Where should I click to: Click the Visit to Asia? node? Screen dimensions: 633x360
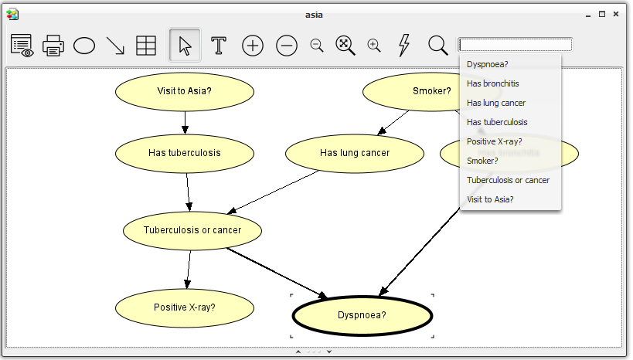pos(185,92)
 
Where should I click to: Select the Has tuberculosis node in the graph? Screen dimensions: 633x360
pos(185,154)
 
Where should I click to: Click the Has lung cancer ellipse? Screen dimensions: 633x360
pos(355,154)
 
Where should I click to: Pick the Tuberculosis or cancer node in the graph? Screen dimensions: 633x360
pos(192,230)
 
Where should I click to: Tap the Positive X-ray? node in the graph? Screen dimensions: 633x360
pos(185,308)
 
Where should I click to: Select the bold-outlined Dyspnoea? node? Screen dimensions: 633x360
pos(362,316)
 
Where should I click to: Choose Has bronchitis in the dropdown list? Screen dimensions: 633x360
pos(493,83)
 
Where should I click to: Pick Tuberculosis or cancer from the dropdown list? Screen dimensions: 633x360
pos(508,180)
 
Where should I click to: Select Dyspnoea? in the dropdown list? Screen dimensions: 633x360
pos(487,64)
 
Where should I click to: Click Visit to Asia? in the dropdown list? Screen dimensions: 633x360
pos(490,199)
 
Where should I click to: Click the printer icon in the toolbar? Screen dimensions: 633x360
pos(53,46)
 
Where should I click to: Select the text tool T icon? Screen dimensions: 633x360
pos(219,46)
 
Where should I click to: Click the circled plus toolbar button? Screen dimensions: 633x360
pos(253,46)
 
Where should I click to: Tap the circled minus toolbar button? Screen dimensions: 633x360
pos(287,46)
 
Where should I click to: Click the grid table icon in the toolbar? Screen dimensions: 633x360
pos(146,46)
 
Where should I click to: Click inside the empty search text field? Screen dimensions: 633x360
pos(516,44)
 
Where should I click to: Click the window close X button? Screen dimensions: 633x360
pos(616,14)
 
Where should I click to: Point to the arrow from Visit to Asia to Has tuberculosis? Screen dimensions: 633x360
pos(185,123)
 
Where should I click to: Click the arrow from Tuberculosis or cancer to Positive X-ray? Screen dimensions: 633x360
pos(189,270)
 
